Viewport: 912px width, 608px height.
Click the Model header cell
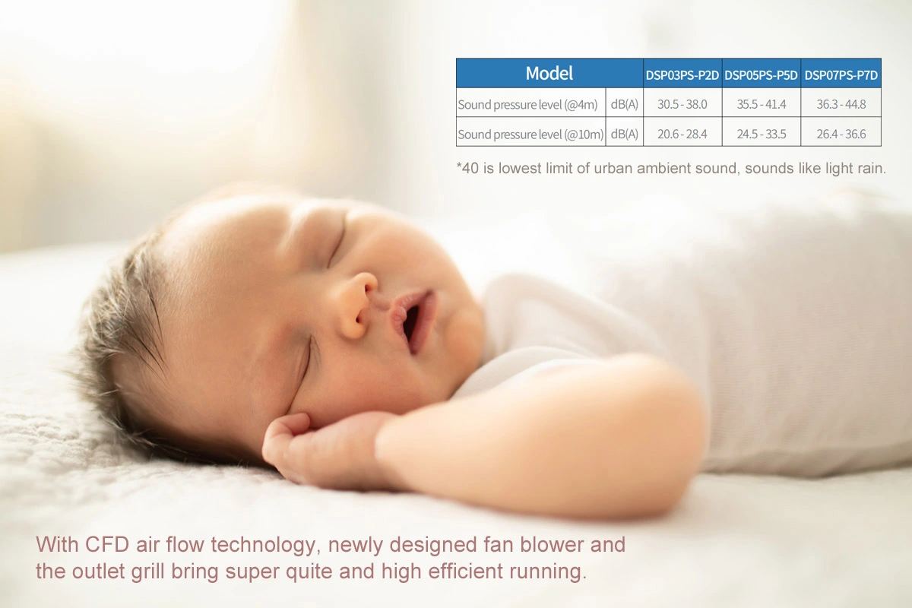[549, 73]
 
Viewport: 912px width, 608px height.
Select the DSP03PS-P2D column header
[682, 75]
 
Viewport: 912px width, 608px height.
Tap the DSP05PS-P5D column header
[761, 75]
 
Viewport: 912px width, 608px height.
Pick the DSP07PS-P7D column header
[841, 75]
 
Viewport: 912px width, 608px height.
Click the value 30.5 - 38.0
[682, 104]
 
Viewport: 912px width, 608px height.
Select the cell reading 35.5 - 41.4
[762, 104]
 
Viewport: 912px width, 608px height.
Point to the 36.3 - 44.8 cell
[841, 104]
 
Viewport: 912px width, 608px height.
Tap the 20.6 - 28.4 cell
[682, 134]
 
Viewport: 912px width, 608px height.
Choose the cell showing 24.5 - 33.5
[762, 134]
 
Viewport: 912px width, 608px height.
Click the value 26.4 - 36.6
[841, 134]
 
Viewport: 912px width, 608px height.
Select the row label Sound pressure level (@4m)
[527, 105]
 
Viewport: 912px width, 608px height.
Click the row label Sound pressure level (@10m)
[531, 135]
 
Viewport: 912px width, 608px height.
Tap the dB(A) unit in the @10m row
[625, 134]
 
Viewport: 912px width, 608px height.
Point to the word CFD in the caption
[107, 544]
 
